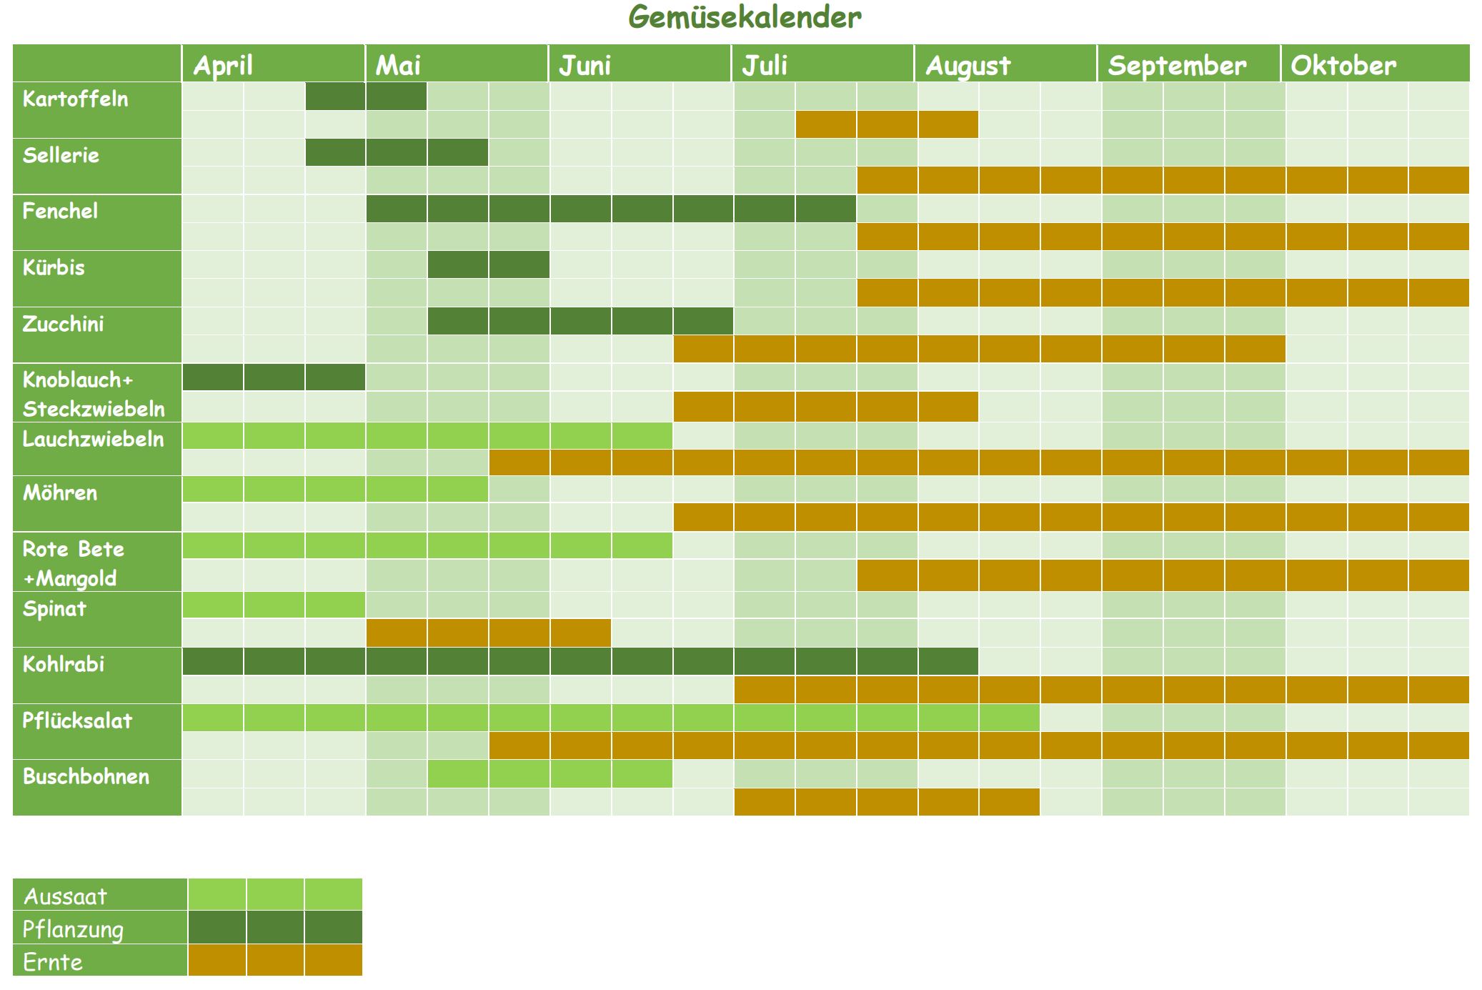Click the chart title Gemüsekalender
pos(745,17)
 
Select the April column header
pos(223,65)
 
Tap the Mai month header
pos(398,65)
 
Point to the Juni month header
pos(585,65)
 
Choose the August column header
pos(968,65)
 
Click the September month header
pos(1177,65)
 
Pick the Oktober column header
pos(1343,65)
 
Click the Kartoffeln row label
pos(76,99)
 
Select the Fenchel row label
pos(60,211)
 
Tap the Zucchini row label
pos(63,324)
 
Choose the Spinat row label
pos(54,608)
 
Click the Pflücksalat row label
pos(77,720)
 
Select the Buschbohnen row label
pos(86,776)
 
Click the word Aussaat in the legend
pos(65,896)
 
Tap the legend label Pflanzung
pos(73,929)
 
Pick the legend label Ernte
pos(53,961)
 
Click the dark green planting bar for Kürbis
pos(489,264)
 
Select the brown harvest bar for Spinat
pos(489,633)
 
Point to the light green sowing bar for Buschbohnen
pos(549,774)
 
